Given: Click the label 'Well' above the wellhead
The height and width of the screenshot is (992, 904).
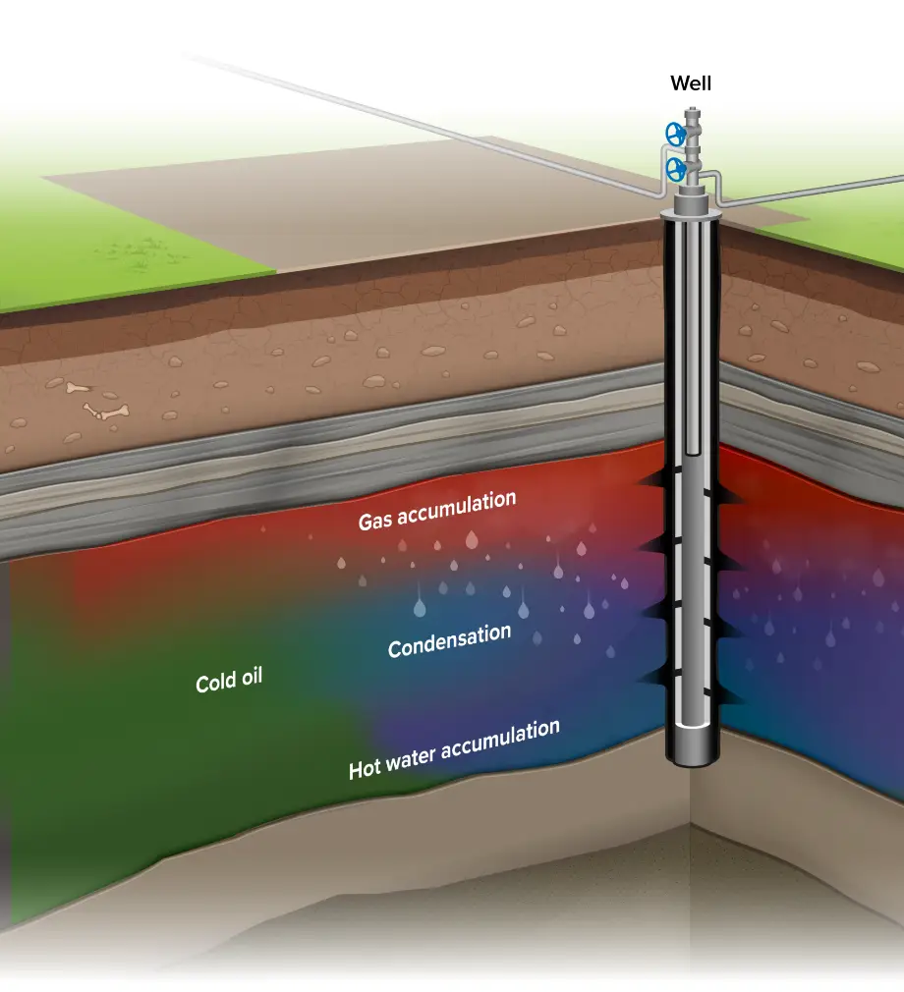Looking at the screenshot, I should (691, 83).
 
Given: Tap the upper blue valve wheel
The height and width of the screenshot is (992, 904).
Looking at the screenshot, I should (674, 133).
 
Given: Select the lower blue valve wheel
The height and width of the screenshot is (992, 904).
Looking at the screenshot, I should (676, 169).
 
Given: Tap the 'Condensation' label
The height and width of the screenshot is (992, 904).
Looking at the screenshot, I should (449, 640).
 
